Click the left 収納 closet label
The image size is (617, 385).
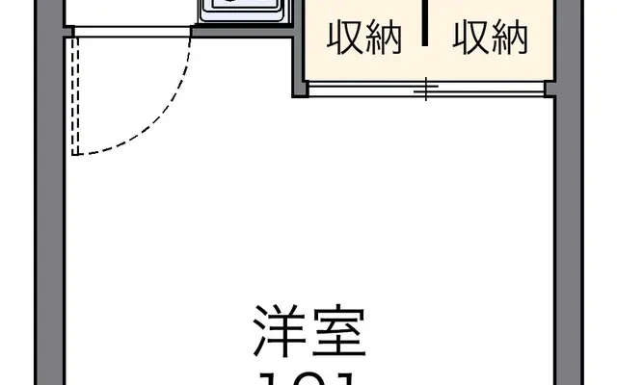pos(363,38)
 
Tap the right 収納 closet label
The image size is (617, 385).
pos(492,38)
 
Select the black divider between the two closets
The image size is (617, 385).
pos(425,23)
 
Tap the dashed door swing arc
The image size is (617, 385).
pos(164,115)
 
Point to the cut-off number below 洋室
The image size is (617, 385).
pos(308,377)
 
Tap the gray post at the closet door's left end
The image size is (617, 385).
pos(300,89)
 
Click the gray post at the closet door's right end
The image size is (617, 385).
pos(551,89)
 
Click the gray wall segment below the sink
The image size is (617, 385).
pos(242,31)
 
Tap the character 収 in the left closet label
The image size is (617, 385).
pos(345,38)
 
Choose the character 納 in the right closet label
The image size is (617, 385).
pos(510,38)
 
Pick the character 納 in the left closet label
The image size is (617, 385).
pos(382,38)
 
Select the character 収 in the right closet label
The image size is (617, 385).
pos(472,38)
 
